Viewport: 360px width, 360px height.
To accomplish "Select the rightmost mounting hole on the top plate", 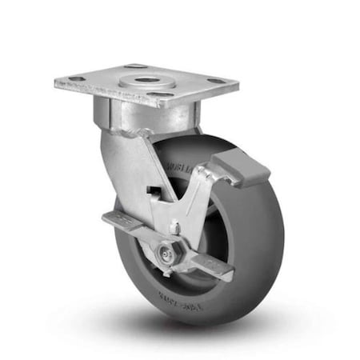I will pyautogui.click(x=216, y=79).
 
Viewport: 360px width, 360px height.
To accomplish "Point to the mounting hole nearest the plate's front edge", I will pyautogui.click(x=162, y=94).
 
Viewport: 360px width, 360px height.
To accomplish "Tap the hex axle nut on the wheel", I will pyautogui.click(x=170, y=253).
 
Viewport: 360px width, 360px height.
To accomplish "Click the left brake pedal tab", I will pyautogui.click(x=119, y=220).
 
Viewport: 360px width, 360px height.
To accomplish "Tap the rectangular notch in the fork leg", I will pyautogui.click(x=153, y=190).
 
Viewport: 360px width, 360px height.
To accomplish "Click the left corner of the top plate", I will pyautogui.click(x=57, y=82).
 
